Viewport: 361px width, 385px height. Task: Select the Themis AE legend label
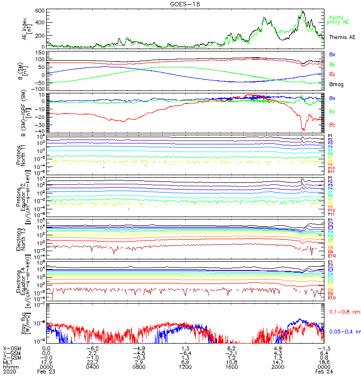pyautogui.click(x=342, y=37)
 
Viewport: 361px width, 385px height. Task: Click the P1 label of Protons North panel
pyautogui.click(x=331, y=136)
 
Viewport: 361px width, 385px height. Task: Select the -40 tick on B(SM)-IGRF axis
pyautogui.click(x=40, y=131)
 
